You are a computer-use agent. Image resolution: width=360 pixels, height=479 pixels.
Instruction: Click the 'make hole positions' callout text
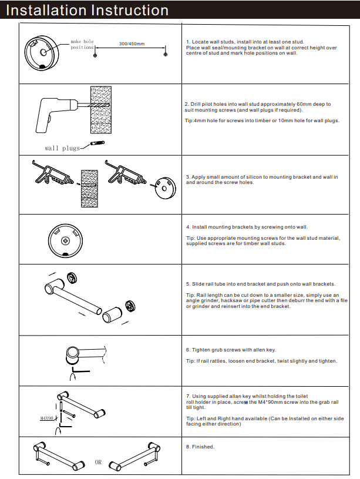(82, 44)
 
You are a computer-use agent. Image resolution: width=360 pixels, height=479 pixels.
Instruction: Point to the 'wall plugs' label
(62, 148)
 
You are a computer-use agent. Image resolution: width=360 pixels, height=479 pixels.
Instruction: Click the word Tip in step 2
(189, 121)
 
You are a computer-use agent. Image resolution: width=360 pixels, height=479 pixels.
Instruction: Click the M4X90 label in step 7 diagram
(47, 418)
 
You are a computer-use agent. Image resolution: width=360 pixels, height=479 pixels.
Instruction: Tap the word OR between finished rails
(98, 462)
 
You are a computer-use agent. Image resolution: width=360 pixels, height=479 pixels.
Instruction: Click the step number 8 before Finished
(187, 447)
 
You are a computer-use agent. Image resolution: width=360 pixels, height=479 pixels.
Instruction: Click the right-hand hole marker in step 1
(166, 54)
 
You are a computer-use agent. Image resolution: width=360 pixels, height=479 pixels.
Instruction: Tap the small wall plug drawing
(97, 143)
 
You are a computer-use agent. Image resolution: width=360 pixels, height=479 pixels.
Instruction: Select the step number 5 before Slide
(187, 284)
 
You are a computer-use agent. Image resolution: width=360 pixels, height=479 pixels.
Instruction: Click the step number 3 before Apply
(187, 176)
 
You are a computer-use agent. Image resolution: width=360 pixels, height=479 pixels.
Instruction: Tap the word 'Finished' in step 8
(203, 447)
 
